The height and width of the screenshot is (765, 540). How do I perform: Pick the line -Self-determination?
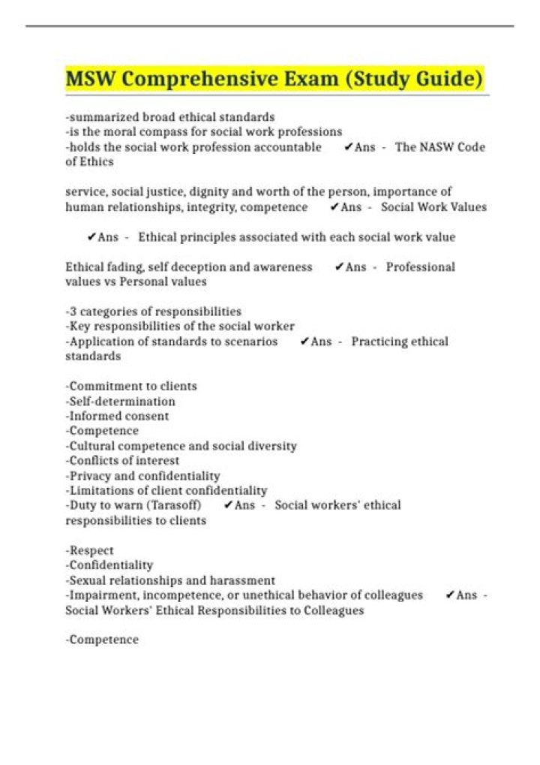point(121,401)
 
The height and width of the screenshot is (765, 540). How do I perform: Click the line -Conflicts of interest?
point(123,460)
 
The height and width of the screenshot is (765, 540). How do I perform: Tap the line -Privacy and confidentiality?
point(143,475)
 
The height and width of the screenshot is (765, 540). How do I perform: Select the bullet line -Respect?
point(90,550)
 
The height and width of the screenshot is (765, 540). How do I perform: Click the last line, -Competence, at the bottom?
point(103,640)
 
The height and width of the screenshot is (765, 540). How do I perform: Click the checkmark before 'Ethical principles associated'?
point(91,237)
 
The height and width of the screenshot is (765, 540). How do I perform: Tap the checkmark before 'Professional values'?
point(339,267)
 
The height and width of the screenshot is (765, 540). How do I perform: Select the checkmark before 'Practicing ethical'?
point(304,342)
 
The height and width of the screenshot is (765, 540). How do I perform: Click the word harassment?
point(244,580)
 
